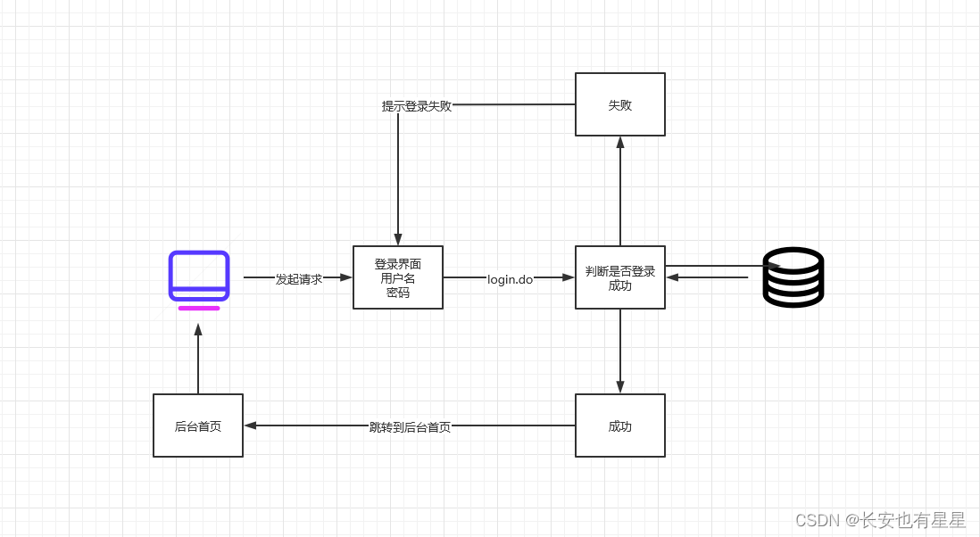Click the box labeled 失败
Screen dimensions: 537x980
coord(619,104)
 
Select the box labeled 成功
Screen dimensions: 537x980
coord(619,425)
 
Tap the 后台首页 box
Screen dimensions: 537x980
coord(197,425)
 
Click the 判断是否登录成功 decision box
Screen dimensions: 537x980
coord(619,278)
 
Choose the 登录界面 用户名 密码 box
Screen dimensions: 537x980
coord(397,277)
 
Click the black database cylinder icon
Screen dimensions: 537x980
coord(793,277)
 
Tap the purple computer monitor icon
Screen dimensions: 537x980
coord(199,276)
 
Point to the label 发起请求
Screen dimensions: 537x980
coord(298,278)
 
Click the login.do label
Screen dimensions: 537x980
coord(510,278)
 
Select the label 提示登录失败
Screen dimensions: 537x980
coord(416,106)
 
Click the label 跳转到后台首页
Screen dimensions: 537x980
coord(410,426)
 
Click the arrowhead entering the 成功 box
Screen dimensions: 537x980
coord(619,387)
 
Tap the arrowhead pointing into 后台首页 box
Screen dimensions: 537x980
coord(251,425)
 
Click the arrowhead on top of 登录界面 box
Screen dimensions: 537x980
coord(398,239)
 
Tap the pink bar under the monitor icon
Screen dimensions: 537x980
coord(198,308)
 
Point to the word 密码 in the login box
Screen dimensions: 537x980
coord(397,292)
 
